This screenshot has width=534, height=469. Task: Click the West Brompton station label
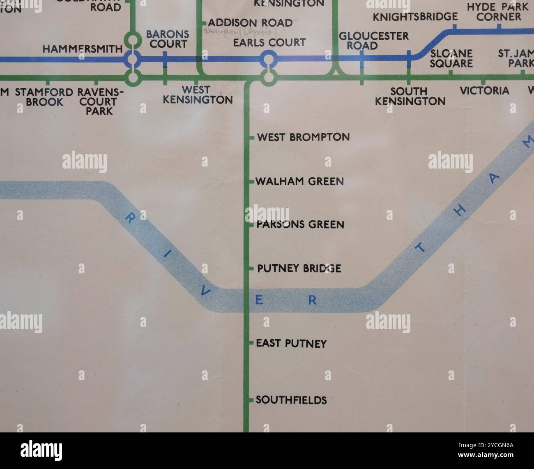(x=303, y=137)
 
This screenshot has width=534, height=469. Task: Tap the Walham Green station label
(x=299, y=181)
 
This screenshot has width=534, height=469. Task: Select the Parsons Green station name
(x=300, y=224)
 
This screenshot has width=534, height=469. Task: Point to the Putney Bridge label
(x=299, y=268)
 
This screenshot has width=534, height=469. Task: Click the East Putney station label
(x=291, y=343)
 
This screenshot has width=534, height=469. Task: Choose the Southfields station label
(x=291, y=400)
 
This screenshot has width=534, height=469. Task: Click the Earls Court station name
(x=269, y=42)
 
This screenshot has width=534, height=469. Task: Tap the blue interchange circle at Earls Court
(x=268, y=59)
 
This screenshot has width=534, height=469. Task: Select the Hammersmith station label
(x=83, y=49)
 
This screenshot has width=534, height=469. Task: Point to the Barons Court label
(x=168, y=39)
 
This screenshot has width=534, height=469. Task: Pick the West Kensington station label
(x=198, y=95)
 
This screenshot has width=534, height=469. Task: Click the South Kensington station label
(x=410, y=96)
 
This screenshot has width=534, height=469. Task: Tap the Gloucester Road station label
(x=374, y=41)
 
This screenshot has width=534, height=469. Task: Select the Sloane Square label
(x=451, y=58)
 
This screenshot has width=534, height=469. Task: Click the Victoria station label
(x=484, y=91)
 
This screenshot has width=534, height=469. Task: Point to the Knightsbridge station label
(x=415, y=17)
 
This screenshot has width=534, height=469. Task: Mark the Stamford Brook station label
(x=44, y=97)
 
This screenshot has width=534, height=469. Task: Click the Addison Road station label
(x=250, y=23)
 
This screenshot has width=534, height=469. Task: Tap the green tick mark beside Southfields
(x=251, y=400)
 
